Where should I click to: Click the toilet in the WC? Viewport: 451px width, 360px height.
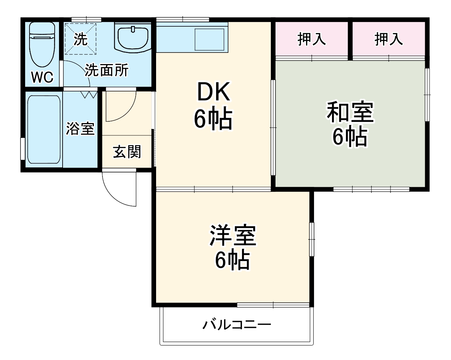click(42, 47)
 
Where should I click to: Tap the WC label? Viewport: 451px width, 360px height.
click(42, 77)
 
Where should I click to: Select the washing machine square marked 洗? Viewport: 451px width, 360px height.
click(81, 39)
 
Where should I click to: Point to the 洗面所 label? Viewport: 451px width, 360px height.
click(106, 71)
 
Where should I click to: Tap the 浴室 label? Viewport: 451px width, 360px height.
click(80, 129)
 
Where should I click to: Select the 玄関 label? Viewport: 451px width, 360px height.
click(127, 152)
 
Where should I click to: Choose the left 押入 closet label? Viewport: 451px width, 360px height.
click(311, 39)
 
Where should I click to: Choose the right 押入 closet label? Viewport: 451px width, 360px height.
click(388, 39)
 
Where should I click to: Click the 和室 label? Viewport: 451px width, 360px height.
click(350, 112)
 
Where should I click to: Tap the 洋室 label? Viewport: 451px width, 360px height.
click(233, 235)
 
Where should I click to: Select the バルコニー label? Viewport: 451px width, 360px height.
click(236, 325)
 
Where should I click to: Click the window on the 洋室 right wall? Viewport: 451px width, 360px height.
click(311, 239)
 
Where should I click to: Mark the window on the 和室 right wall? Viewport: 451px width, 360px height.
click(427, 94)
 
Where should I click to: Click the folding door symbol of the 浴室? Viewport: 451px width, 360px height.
click(89, 95)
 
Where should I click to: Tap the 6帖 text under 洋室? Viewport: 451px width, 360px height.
click(232, 260)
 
